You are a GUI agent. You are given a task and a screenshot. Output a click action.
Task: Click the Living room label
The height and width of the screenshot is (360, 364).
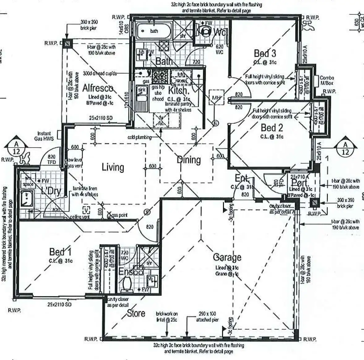pos(113,167)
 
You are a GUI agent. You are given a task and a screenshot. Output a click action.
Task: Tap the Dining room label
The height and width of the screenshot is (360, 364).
pos(189,160)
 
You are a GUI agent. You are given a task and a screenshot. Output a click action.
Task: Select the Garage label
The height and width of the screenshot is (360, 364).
pos(227,257)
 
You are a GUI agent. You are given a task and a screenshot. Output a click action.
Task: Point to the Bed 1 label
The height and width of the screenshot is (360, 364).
pos(60,252)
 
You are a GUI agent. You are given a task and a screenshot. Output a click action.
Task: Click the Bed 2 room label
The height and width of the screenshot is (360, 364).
pos(272,127)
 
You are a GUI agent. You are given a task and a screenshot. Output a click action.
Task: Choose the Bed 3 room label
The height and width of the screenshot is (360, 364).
pos(265,53)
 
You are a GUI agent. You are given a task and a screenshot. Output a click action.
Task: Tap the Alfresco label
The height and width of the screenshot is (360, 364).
pos(98,88)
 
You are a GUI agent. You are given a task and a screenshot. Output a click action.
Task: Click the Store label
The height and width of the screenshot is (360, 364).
pos(136,313)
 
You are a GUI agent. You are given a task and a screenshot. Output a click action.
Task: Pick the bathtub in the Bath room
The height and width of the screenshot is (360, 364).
pos(150,31)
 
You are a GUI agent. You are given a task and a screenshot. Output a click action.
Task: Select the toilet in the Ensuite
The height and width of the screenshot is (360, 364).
pos(126,284)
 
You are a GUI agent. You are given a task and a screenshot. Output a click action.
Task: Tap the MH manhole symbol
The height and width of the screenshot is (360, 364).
pos(216,98)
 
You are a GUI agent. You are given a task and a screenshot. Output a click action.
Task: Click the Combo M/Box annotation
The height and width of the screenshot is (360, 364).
pos(327,80)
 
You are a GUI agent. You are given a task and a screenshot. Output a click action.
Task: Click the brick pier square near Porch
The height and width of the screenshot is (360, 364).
pos(315,203)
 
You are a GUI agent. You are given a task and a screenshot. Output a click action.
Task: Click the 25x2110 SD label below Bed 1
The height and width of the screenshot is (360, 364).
pos(59,304)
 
